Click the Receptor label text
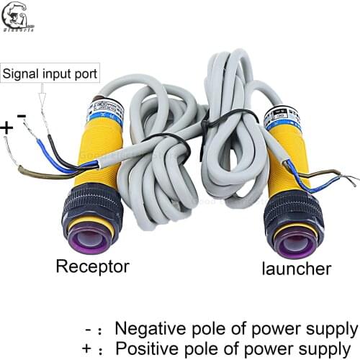92,266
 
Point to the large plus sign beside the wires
7,127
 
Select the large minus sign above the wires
22,115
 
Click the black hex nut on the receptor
91,206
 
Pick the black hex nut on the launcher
292,210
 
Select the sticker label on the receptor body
105,112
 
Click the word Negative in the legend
147,329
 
